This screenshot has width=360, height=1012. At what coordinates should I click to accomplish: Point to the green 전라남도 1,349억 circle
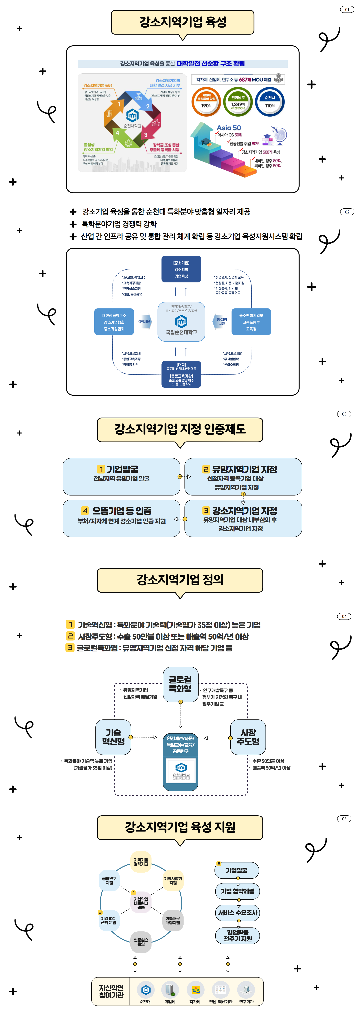238,102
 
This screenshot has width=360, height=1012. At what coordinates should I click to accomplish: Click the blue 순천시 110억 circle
270,102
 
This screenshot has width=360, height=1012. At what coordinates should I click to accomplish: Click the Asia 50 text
229,128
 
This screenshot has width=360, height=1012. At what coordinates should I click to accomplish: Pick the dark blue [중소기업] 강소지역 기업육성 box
181,269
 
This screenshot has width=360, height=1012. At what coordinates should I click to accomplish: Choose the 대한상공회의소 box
114,322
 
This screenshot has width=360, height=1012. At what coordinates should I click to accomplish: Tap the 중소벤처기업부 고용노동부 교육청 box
251,322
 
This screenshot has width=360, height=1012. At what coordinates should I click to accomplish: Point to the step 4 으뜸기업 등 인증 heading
121,511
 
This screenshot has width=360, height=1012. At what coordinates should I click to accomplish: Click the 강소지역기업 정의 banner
180,580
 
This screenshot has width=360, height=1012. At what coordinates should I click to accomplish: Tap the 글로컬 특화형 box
180,684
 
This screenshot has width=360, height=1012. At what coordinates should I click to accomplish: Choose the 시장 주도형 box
248,737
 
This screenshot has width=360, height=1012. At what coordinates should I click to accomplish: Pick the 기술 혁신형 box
113,737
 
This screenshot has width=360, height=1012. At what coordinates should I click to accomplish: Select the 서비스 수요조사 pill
237,913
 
